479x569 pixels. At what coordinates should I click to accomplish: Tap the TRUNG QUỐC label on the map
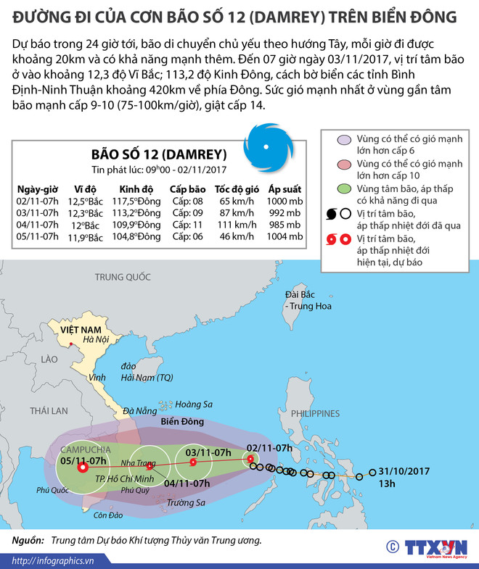pyautogui.click(x=123, y=277)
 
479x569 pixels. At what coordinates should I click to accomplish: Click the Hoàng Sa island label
pyautogui.click(x=192, y=405)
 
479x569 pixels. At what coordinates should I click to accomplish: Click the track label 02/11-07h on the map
pyautogui.click(x=269, y=448)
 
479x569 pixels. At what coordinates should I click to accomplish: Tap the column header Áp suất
pyautogui.click(x=284, y=189)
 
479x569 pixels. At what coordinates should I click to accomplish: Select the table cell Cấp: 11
pyautogui.click(x=187, y=225)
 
